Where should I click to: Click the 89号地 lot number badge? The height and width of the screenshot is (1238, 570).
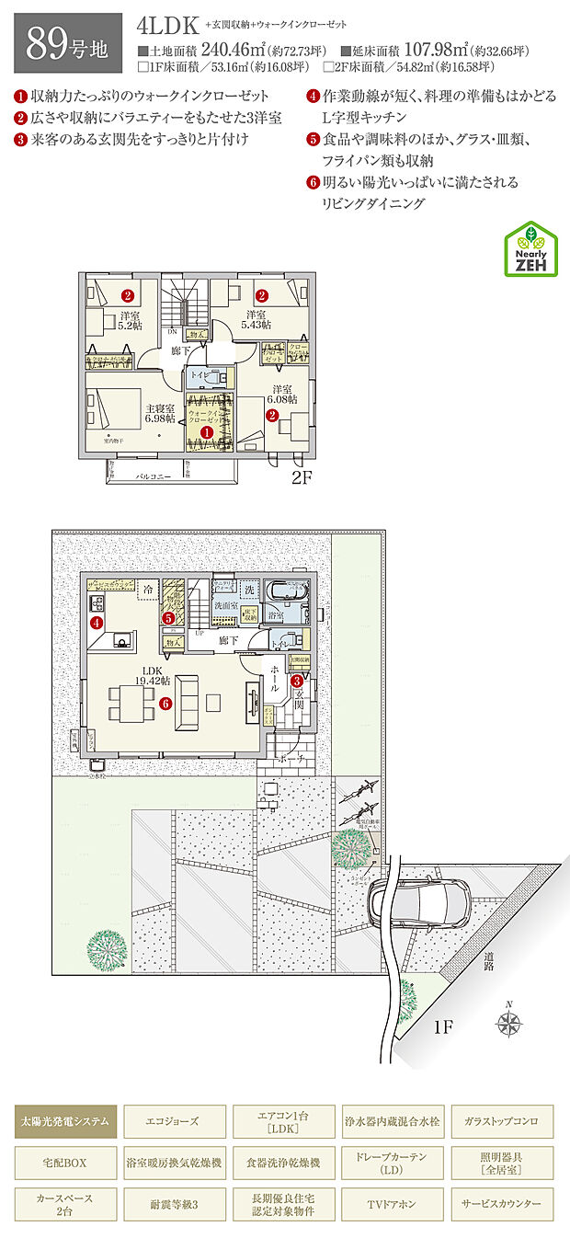click(68, 43)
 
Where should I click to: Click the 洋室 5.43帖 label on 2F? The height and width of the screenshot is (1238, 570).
click(255, 319)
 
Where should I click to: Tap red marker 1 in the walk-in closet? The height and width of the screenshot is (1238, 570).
click(207, 430)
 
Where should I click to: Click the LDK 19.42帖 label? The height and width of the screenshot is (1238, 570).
click(152, 675)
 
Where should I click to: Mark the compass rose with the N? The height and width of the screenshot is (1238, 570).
click(507, 1021)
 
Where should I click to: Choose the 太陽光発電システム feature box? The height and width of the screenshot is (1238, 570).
click(65, 1120)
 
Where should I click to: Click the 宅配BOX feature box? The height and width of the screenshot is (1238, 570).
click(65, 1163)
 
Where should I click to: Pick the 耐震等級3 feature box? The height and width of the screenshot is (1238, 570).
click(174, 1202)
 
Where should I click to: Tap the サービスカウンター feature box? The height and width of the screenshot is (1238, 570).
click(502, 1202)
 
